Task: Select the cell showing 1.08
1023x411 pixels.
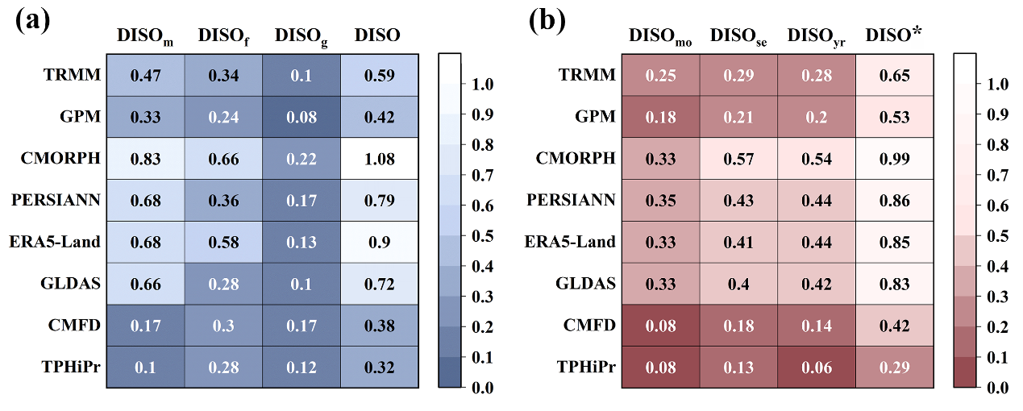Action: click(378, 159)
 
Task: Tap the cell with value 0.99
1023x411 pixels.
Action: click(894, 159)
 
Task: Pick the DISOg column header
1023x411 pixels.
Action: click(301, 36)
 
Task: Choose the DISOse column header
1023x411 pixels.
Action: click(738, 36)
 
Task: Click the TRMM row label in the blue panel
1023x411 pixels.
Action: click(73, 75)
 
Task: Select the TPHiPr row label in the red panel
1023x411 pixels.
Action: click(586, 367)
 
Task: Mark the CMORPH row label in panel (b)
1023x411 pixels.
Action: click(577, 159)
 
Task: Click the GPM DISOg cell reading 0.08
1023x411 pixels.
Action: click(301, 117)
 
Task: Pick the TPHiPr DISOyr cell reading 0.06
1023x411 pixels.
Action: click(816, 367)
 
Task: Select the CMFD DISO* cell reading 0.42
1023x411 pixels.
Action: click(894, 326)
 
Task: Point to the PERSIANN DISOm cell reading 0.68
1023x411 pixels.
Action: click(145, 200)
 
